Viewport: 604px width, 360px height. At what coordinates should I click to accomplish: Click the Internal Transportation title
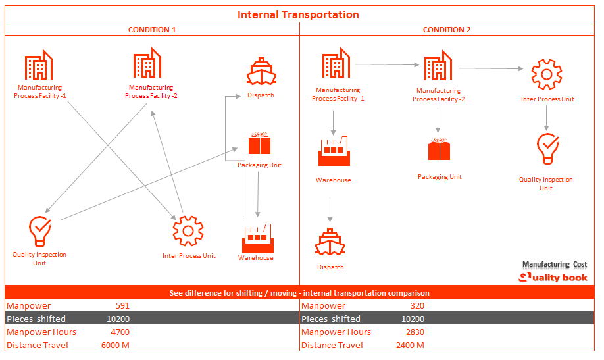coord(298,14)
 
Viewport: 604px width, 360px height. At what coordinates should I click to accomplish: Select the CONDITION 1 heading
coord(152,30)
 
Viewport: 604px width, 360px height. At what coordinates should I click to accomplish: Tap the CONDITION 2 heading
coord(447,30)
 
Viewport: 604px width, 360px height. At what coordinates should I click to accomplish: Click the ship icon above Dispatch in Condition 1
coord(261,72)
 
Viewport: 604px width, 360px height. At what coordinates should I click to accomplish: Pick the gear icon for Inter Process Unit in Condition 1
coord(188,231)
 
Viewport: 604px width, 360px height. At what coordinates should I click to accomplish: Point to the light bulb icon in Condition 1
coord(39,231)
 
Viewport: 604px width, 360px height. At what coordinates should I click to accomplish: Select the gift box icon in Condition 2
coord(440,149)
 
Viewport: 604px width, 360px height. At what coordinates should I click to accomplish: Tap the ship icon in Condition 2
coord(330,242)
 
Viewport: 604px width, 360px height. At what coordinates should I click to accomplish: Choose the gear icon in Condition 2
coord(547,74)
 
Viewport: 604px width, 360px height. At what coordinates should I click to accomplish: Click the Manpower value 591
coord(122,306)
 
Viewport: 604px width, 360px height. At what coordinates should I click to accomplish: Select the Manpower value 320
coord(416,306)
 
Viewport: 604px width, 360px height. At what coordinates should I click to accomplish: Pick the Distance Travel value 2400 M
coord(410,346)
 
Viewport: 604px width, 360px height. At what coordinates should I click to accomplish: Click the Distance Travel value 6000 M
coord(115,346)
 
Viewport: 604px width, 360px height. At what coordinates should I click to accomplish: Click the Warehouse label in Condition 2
coord(333,180)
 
